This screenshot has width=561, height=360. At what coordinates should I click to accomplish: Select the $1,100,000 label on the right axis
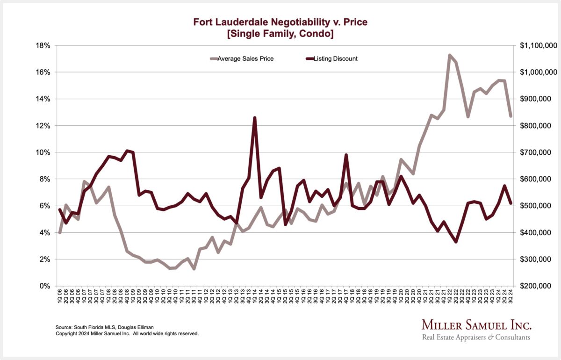(538, 45)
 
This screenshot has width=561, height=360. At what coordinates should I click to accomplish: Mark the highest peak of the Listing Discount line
(255, 118)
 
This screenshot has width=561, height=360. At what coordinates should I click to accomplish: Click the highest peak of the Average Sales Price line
(450, 55)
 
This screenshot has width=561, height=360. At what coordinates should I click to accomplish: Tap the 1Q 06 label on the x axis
(60, 298)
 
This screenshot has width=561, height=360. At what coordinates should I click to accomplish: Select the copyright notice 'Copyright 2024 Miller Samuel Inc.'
(127, 334)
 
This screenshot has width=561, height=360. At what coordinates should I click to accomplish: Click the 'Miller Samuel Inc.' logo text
(476, 325)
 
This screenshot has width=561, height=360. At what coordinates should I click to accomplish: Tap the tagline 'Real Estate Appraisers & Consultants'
(476, 338)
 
